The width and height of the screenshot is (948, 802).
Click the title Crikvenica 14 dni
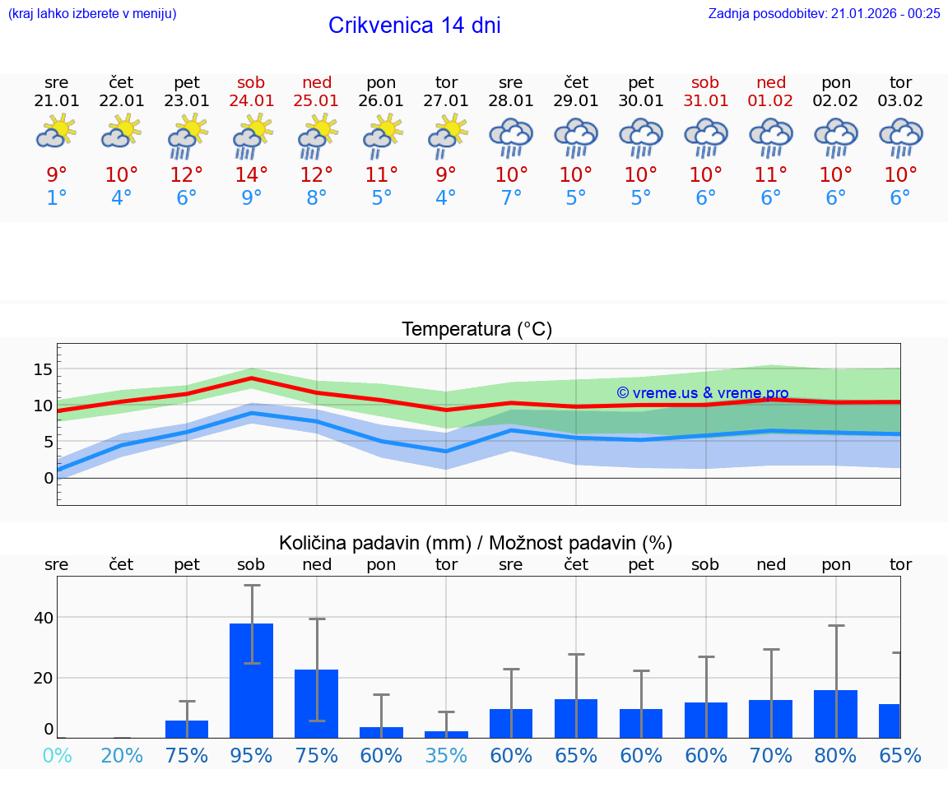[414, 25]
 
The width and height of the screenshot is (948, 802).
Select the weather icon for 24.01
[252, 136]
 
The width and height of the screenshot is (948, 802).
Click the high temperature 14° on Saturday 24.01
[252, 175]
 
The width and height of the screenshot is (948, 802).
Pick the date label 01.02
[771, 101]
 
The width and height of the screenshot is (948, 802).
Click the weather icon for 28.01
[511, 136]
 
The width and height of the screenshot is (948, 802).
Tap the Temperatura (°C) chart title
[476, 330]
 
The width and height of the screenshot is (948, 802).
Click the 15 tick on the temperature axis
[43, 369]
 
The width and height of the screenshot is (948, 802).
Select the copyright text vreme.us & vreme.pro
[703, 393]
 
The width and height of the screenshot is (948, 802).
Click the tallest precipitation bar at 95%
[252, 680]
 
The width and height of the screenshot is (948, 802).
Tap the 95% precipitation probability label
[252, 756]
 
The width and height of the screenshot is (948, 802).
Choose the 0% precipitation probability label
[57, 756]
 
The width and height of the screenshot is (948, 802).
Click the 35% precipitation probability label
[446, 756]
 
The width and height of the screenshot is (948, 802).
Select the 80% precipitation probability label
[835, 756]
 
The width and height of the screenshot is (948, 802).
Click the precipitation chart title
[476, 543]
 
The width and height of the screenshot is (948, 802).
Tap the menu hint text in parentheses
[92, 13]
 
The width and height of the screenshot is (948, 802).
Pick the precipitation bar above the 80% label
[835, 714]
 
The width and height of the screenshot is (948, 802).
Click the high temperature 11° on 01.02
[771, 175]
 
